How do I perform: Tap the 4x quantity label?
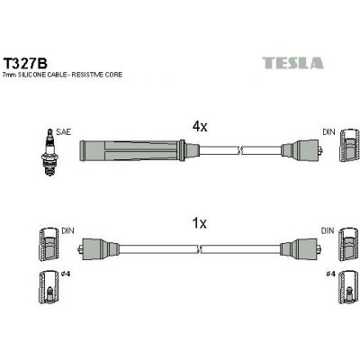click(x=201, y=127)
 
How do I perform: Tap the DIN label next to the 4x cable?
click(x=329, y=131)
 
